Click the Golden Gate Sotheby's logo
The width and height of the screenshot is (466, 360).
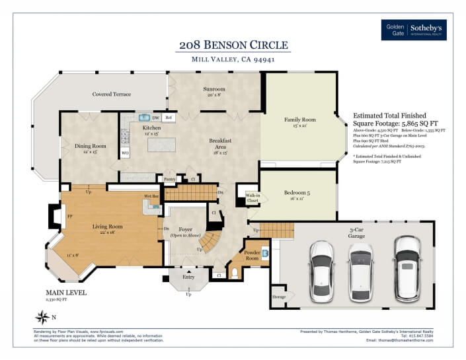(x=414, y=30)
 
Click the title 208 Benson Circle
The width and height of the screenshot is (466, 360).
(x=233, y=45)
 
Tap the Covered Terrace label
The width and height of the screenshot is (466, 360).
(x=111, y=94)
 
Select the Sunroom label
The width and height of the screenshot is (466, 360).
(x=214, y=89)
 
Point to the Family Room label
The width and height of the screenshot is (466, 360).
(x=299, y=120)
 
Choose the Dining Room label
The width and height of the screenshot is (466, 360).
(x=90, y=146)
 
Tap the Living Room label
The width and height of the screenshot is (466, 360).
(x=107, y=227)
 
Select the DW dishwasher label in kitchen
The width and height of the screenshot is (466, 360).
(x=155, y=118)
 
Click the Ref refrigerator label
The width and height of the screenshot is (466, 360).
(x=169, y=118)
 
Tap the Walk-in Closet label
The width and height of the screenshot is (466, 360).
(x=252, y=198)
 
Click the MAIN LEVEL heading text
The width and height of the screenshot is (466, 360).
(x=66, y=292)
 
